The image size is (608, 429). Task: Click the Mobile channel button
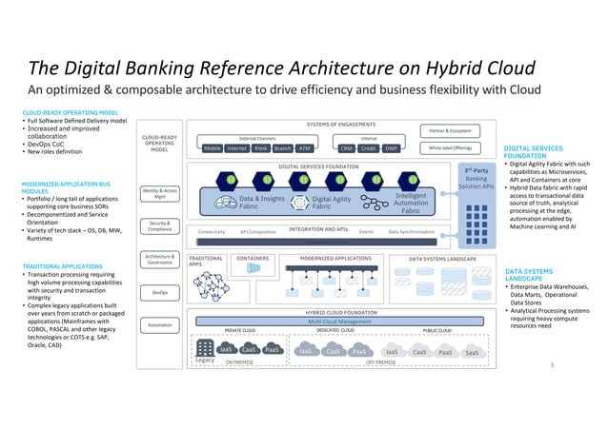pyautogui.click(x=213, y=148)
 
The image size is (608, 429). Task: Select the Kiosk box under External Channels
pyautogui.click(x=260, y=148)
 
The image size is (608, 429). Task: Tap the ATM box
pyautogui.click(x=305, y=148)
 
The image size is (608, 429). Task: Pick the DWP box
pyautogui.click(x=391, y=148)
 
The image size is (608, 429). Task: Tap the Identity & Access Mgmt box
pyautogui.click(x=160, y=194)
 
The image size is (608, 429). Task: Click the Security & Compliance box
pyautogui.click(x=160, y=226)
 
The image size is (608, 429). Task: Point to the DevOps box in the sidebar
pyautogui.click(x=160, y=293)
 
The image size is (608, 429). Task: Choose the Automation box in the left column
pyautogui.click(x=160, y=324)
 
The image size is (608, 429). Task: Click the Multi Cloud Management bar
pyautogui.click(x=332, y=322)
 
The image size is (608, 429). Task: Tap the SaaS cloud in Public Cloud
pyautogui.click(x=471, y=352)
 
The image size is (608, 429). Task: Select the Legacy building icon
pyautogui.click(x=203, y=349)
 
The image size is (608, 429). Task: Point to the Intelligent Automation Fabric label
pyautogui.click(x=410, y=201)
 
